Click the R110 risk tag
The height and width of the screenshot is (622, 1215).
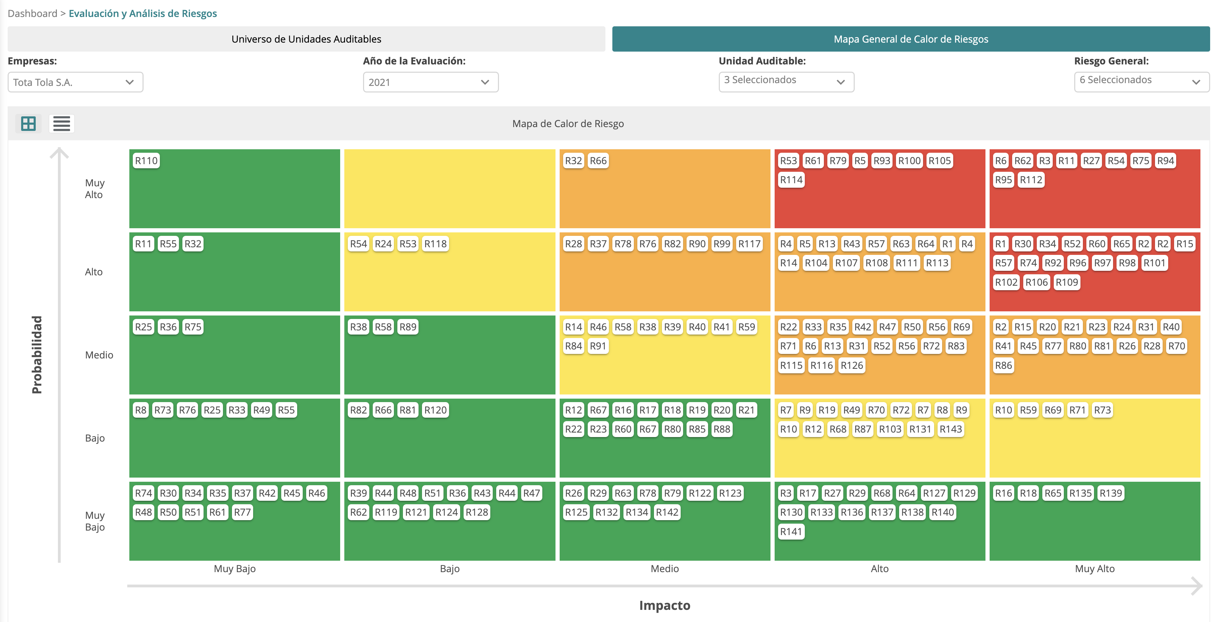(146, 161)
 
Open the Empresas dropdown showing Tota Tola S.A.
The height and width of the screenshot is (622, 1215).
(75, 82)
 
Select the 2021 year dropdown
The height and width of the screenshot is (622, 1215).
(430, 82)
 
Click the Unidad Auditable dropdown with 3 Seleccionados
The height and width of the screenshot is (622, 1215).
(786, 81)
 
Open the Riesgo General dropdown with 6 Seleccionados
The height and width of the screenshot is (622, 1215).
(1141, 81)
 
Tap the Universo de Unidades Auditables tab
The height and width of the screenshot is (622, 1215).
(306, 39)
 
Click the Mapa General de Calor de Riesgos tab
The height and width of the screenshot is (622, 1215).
(910, 39)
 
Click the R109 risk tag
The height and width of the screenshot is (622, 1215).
(1067, 282)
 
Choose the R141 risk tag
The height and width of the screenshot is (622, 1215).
(791, 532)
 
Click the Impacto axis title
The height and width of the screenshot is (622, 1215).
(664, 605)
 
